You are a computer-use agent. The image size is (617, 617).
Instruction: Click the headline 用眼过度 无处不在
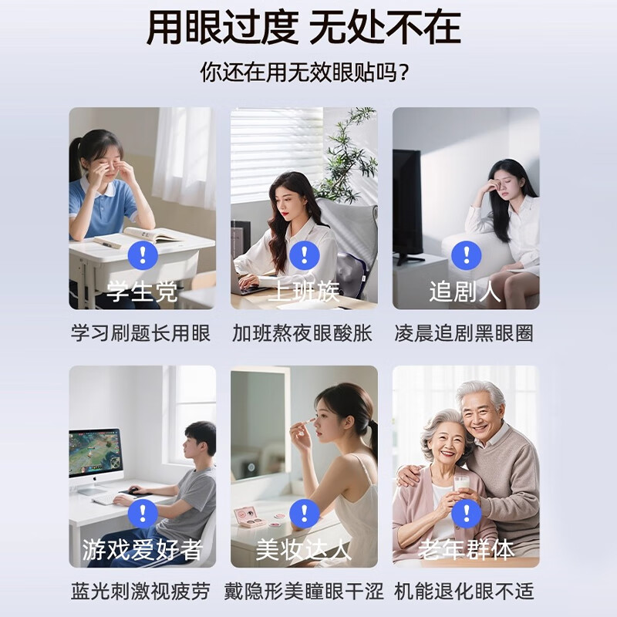pyautogui.click(x=303, y=28)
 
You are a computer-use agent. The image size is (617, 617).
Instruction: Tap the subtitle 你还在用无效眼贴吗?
pyautogui.click(x=305, y=72)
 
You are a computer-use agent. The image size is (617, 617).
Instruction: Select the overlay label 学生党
pyautogui.click(x=142, y=292)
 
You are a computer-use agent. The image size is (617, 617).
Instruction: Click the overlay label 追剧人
pyautogui.click(x=465, y=292)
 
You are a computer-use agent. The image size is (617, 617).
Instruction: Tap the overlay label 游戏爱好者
pyautogui.click(x=142, y=549)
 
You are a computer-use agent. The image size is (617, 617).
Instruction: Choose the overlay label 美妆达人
pyautogui.click(x=304, y=549)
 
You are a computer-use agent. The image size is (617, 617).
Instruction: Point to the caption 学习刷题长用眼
pyautogui.click(x=141, y=333)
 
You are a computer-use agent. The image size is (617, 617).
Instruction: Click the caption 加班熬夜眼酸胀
pyautogui.click(x=302, y=333)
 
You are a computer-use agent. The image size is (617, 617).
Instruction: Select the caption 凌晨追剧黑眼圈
pyautogui.click(x=464, y=333)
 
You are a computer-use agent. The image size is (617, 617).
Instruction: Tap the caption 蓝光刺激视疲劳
pyautogui.click(x=141, y=592)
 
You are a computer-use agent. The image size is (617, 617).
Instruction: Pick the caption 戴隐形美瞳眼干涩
pyautogui.click(x=304, y=592)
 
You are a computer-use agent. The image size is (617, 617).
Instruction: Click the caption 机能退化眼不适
pyautogui.click(x=464, y=592)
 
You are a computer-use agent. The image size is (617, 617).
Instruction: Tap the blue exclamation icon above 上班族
pyautogui.click(x=304, y=255)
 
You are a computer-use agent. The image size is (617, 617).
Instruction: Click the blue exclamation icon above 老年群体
pyautogui.click(x=467, y=514)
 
